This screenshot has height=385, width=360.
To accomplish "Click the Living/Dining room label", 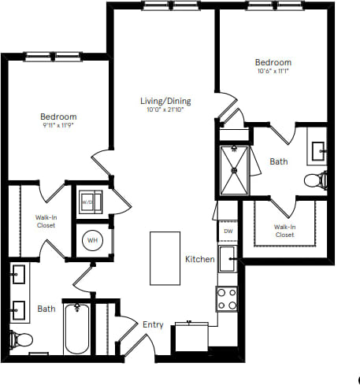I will (x=165, y=101).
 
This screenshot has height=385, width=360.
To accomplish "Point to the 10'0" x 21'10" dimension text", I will (x=165, y=110).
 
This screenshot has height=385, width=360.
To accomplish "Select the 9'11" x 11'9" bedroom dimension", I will (x=60, y=125).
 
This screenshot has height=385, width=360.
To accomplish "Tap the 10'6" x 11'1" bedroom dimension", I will (x=273, y=72).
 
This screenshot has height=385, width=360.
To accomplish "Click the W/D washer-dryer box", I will (x=89, y=201).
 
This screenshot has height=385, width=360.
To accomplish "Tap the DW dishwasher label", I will (x=228, y=231).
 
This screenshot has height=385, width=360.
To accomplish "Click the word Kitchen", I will (x=199, y=259).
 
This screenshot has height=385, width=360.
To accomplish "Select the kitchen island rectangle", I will (x=165, y=257).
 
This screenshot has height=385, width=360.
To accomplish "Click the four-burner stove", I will (x=228, y=298).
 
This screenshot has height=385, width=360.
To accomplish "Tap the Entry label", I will (x=152, y=324).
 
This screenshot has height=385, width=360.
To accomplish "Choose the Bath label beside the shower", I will (x=279, y=161).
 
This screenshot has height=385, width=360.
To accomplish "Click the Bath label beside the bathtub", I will (x=46, y=309).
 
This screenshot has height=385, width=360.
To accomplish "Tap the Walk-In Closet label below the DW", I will (x=284, y=231).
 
